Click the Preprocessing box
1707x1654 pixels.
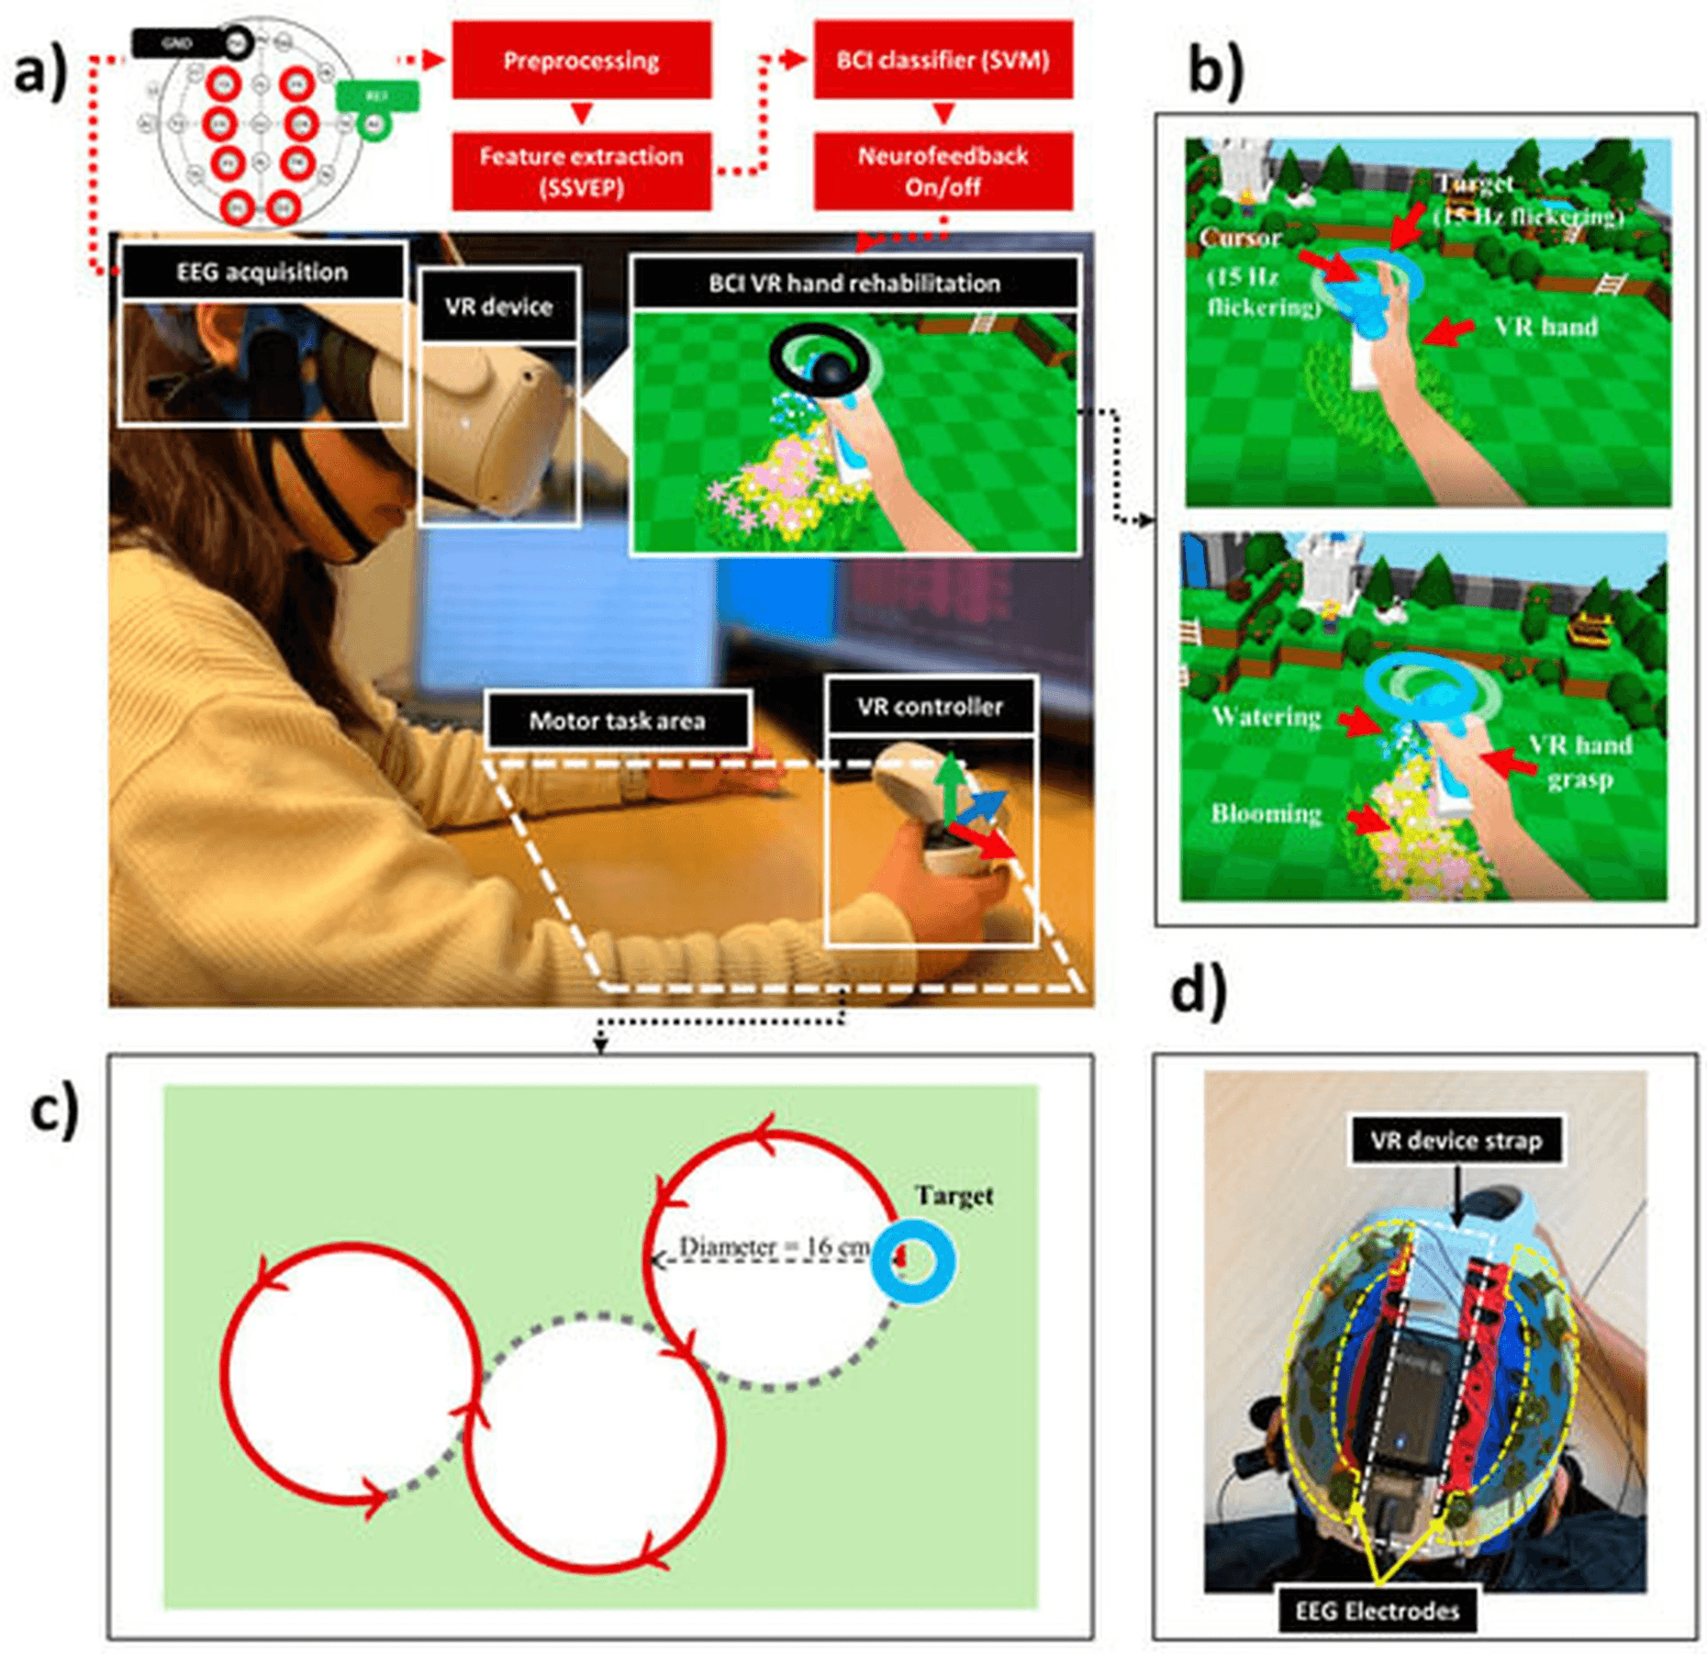581,61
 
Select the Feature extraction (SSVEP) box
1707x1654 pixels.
581,172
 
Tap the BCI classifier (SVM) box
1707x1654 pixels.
943,61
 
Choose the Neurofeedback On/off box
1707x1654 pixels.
943,172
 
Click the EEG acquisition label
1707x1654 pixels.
262,272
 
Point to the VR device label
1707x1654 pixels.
498,306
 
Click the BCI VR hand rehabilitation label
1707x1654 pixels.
853,283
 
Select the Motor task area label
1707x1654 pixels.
617,721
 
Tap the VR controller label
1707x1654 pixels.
930,706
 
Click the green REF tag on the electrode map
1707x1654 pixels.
377,96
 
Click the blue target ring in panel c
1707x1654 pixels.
914,1261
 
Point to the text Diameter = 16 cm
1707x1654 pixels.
774,1246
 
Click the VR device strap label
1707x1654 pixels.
1456,1140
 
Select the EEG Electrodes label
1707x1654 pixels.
1377,1611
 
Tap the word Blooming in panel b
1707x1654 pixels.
1266,813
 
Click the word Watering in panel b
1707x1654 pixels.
1266,716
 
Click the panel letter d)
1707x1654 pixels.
1198,993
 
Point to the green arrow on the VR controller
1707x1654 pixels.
951,786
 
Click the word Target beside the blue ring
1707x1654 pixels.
954,1195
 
